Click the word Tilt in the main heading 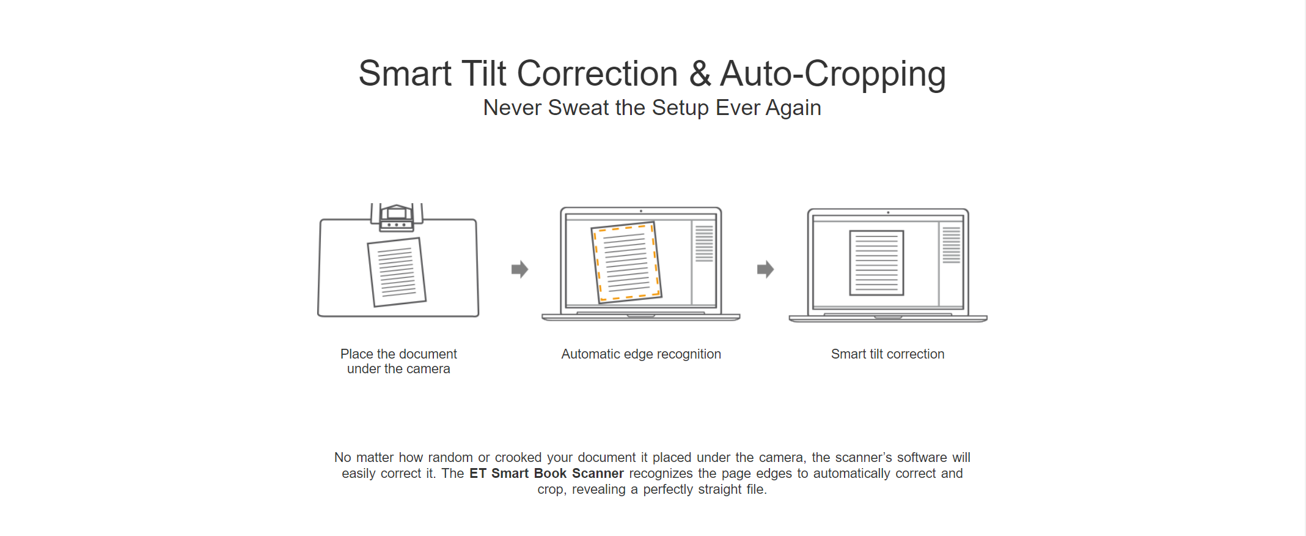point(484,73)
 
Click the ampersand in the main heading point(699,74)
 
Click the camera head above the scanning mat point(397,218)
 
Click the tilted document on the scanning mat point(397,272)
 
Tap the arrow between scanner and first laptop point(519,269)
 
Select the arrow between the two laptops point(765,269)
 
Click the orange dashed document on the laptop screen point(626,262)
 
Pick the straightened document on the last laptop point(876,263)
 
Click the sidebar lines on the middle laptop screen point(704,244)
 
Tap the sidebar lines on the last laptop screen point(951,245)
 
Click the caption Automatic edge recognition point(641,354)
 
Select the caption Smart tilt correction point(887,354)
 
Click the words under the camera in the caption point(398,369)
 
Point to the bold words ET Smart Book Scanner point(546,474)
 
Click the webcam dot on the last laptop point(888,212)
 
